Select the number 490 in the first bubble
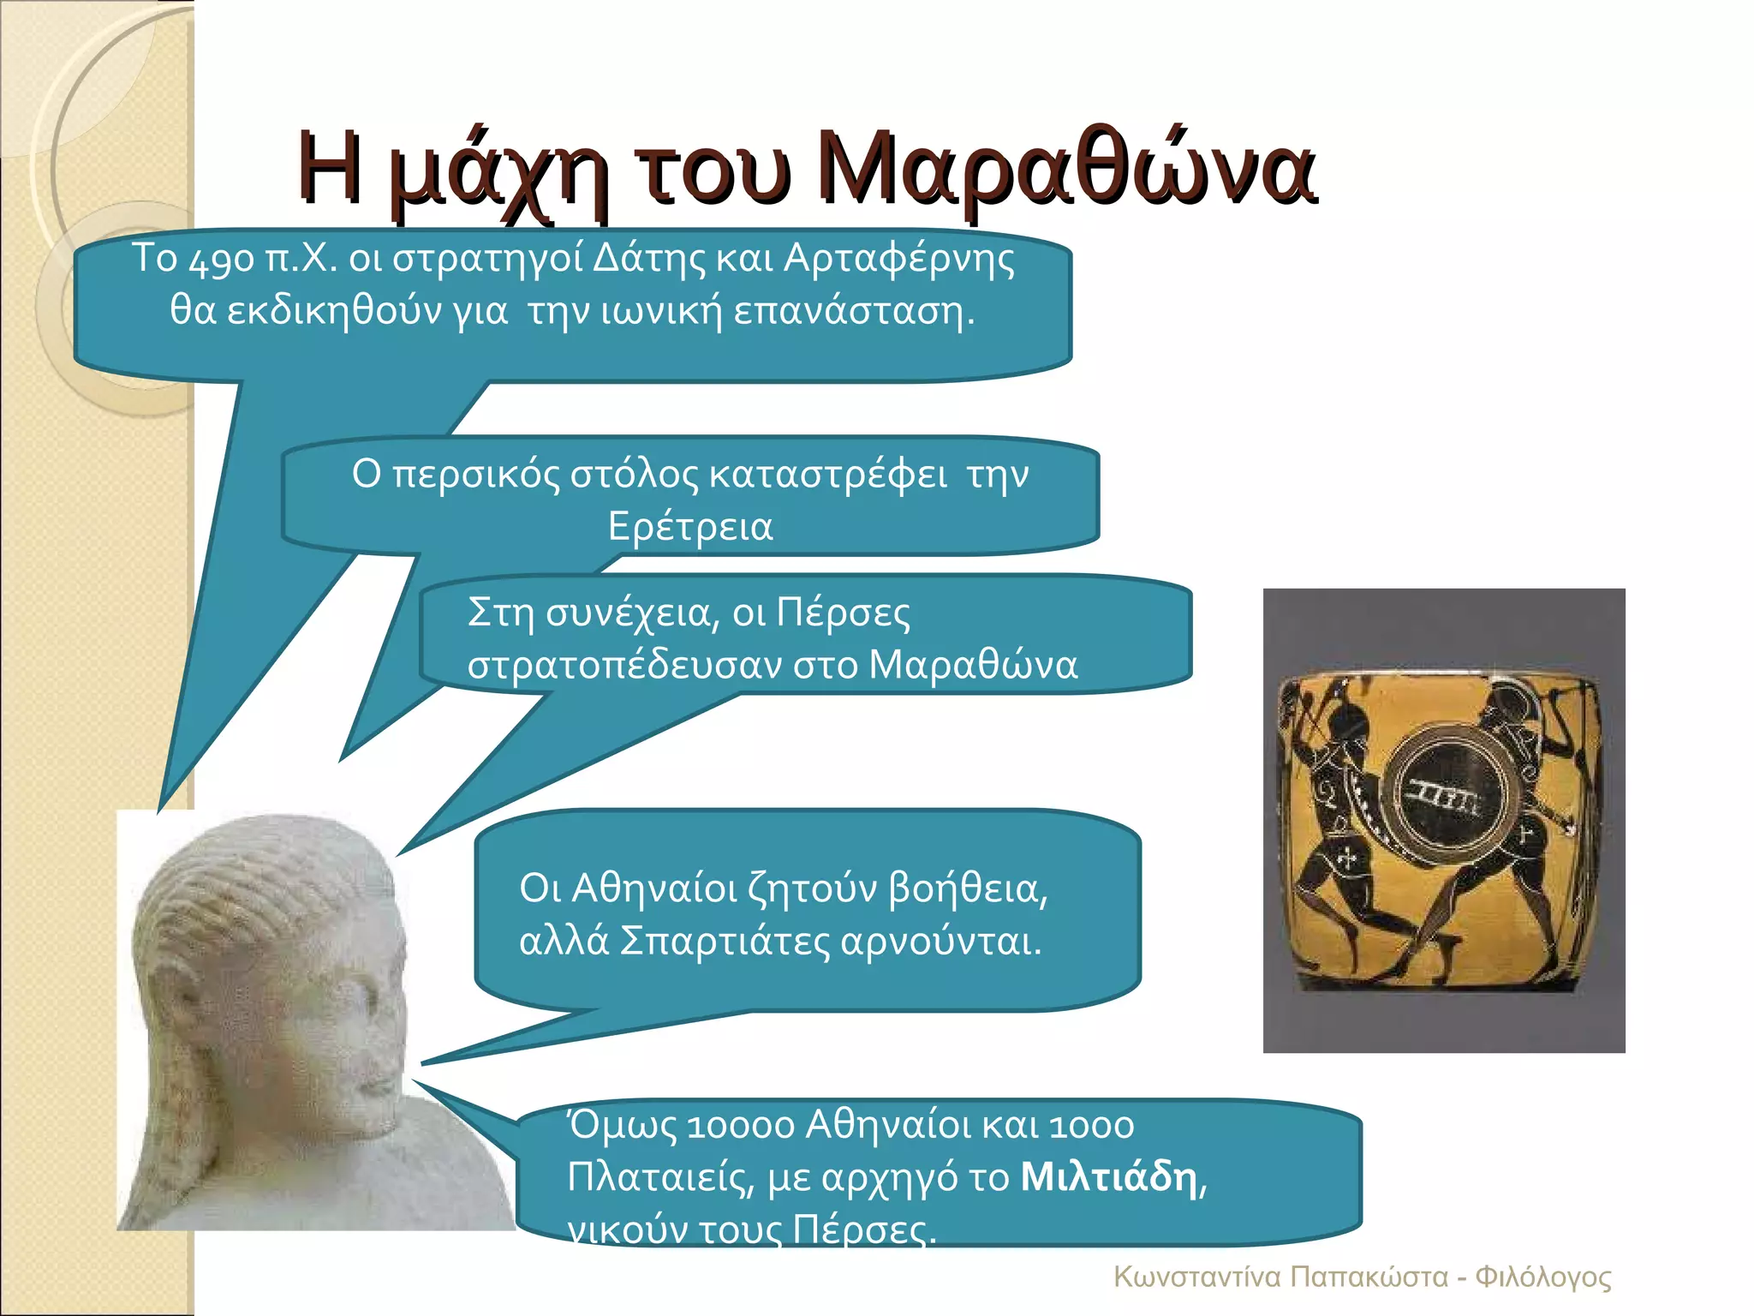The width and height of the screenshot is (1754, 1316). pos(222,260)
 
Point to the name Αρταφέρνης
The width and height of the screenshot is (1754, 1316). pos(898,260)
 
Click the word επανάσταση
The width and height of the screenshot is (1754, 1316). pos(854,311)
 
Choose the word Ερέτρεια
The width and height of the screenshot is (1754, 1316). pos(690,526)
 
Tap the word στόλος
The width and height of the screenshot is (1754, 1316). pos(634,475)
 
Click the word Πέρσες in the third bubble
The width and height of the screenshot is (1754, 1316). pos(843,613)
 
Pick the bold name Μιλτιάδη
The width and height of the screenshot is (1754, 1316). pos(1109,1177)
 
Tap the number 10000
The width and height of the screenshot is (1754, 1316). pos(740,1126)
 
